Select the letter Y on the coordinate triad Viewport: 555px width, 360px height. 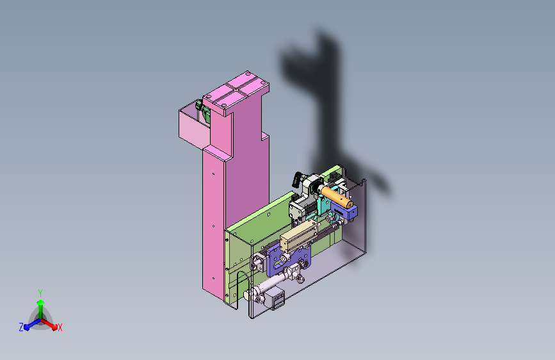(x=40, y=293)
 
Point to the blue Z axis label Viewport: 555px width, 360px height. (x=21, y=327)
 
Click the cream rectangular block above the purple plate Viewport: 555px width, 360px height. (x=299, y=235)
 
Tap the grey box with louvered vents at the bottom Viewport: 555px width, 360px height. (x=277, y=299)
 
